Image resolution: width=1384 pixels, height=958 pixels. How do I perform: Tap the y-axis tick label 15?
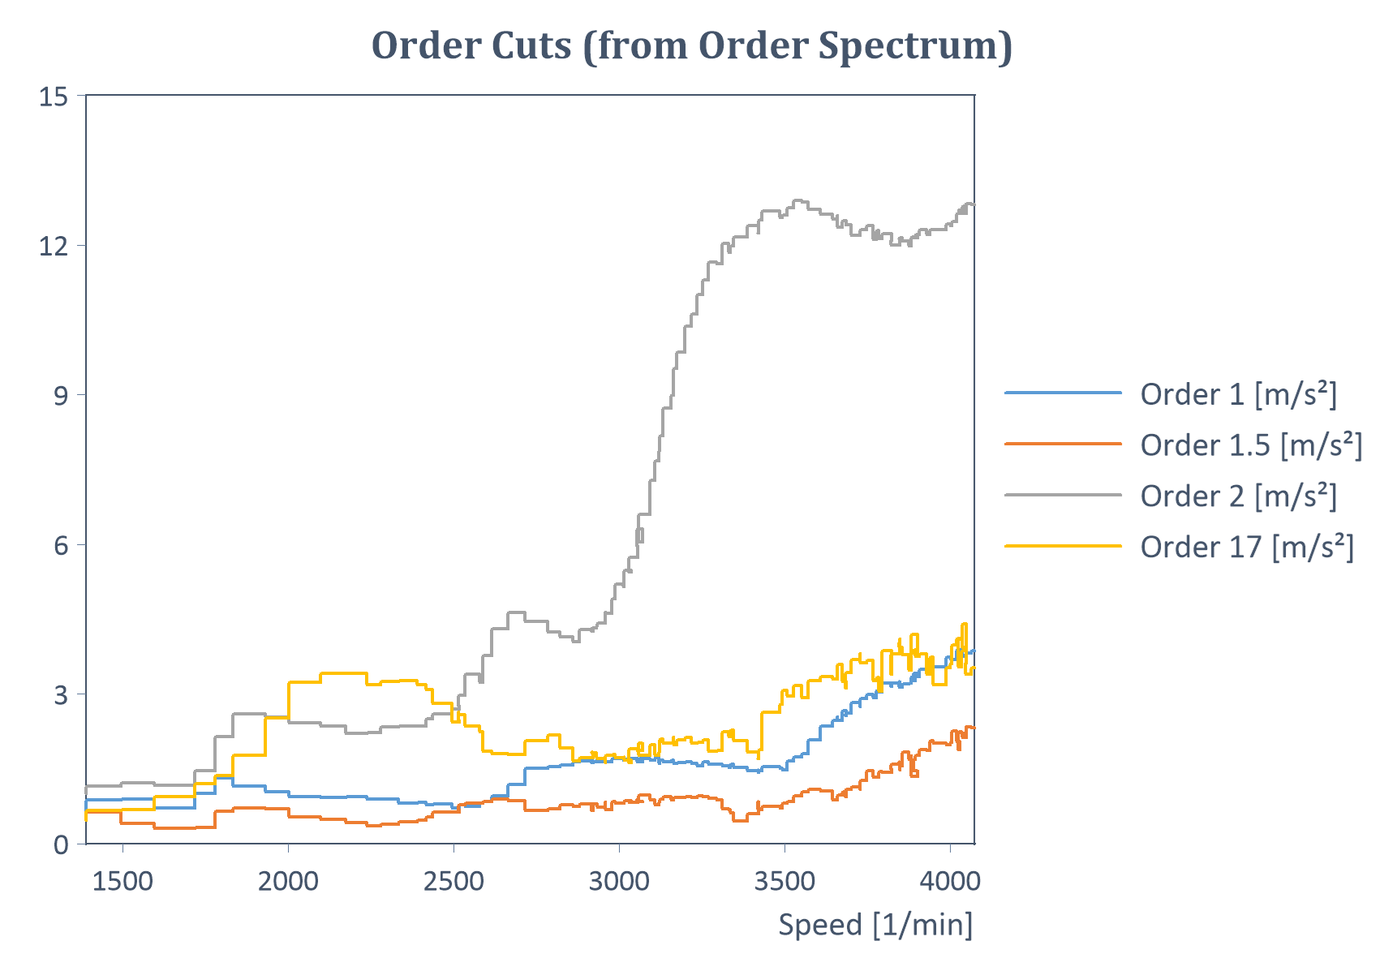pos(54,97)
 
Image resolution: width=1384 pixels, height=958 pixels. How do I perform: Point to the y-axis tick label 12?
pos(54,246)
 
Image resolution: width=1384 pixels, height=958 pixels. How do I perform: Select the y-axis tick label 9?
pos(61,396)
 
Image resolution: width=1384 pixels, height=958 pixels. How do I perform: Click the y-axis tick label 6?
pos(61,545)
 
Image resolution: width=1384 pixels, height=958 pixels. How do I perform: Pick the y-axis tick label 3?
pos(61,695)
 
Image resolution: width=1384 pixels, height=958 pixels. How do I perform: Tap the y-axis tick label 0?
pos(61,845)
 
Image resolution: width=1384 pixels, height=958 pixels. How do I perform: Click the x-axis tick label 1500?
pos(122,881)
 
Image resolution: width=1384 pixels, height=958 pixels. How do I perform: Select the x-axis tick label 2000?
pos(288,881)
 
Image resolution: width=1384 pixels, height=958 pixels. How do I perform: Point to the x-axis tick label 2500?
pos(453,881)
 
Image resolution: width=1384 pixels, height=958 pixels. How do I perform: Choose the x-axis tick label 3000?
pos(619,881)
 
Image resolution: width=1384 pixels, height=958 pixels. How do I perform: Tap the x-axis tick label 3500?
pos(784,881)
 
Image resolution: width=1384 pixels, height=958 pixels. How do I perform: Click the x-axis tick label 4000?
pos(950,881)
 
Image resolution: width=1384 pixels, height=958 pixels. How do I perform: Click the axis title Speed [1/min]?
pos(875,925)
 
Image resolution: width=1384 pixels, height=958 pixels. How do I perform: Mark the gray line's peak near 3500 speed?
pos(800,200)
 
